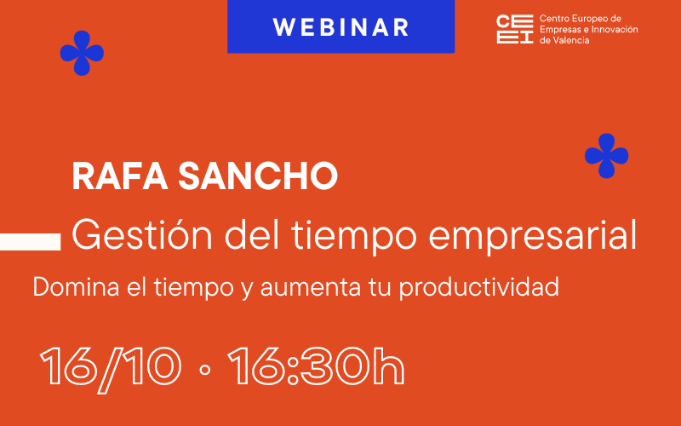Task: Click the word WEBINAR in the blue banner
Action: [x=341, y=27]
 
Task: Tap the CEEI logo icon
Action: [x=515, y=29]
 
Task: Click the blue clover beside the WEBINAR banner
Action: [x=82, y=53]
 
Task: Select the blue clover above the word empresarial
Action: [x=606, y=156]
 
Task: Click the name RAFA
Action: [x=120, y=176]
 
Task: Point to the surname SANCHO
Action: [x=258, y=176]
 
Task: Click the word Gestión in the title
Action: [x=142, y=235]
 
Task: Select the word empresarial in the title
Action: [x=533, y=237]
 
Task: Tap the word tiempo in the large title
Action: [x=354, y=237]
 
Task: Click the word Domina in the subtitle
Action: [x=76, y=287]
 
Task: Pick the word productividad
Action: [x=478, y=288]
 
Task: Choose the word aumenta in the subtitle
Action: [x=311, y=288]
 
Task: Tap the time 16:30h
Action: [x=316, y=366]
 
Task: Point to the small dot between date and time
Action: [x=204, y=370]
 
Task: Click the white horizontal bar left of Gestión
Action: [x=30, y=242]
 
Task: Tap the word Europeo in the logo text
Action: [x=586, y=19]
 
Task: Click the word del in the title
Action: [x=251, y=235]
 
